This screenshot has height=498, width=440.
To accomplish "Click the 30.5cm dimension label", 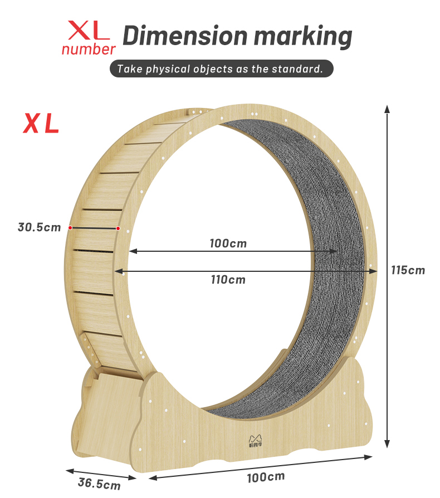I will (x=39, y=227).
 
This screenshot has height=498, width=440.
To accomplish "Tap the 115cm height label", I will (x=408, y=270).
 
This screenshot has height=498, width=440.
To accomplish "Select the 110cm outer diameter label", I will (x=228, y=280).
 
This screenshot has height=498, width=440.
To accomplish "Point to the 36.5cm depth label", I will (x=99, y=482).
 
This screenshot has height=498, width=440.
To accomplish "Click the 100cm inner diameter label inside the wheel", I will (x=228, y=243).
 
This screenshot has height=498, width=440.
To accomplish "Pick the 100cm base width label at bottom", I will (x=266, y=477).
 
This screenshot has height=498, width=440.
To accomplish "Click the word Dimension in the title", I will (x=184, y=36).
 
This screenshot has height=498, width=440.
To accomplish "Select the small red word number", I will (x=89, y=49).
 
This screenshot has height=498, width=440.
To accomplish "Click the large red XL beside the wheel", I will (x=41, y=124).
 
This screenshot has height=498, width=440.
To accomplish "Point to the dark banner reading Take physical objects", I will (x=221, y=70).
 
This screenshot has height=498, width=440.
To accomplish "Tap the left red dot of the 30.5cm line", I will (x=70, y=227).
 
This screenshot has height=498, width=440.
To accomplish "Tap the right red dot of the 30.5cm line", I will (x=118, y=228).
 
